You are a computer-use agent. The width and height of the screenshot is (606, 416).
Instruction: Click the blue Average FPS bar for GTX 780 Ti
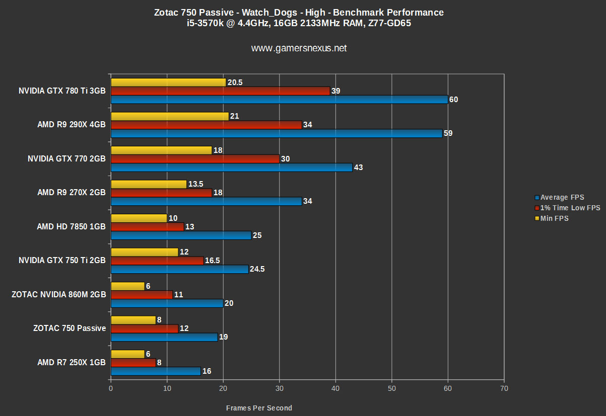pos(279,100)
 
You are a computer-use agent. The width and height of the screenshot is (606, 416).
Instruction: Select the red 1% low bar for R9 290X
pos(206,125)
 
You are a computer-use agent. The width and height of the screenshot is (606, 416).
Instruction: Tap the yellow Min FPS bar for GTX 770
pos(161,150)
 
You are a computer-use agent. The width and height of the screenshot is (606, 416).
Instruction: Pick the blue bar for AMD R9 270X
pos(206,201)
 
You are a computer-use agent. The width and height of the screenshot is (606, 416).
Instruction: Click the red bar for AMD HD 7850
pos(147,227)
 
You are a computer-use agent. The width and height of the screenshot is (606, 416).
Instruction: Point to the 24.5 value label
pos(257,269)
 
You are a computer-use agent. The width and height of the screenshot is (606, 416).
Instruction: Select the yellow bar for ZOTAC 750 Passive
pos(133,320)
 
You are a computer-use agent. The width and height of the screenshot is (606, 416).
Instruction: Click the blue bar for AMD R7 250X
pos(156,371)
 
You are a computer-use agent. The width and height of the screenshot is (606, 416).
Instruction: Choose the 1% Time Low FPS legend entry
pos(570,208)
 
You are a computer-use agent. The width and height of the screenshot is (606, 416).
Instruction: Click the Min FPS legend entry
pos(554,218)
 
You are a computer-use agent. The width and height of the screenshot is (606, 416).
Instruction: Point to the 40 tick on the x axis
pos(335,388)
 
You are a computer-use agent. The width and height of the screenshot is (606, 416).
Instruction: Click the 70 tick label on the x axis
pos(504,388)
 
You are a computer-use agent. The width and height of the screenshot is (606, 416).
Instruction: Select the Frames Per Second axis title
pos(259,408)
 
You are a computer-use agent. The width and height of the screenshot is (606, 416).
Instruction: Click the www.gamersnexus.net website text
pos(299,48)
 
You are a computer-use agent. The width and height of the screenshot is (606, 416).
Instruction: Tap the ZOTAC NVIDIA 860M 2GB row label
pos(58,295)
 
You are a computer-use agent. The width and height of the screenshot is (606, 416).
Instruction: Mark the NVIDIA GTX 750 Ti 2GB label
pos(62,261)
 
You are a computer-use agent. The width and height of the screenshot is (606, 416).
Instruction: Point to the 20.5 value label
pos(235,82)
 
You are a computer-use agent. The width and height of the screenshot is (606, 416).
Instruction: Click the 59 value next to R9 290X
pos(449,133)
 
